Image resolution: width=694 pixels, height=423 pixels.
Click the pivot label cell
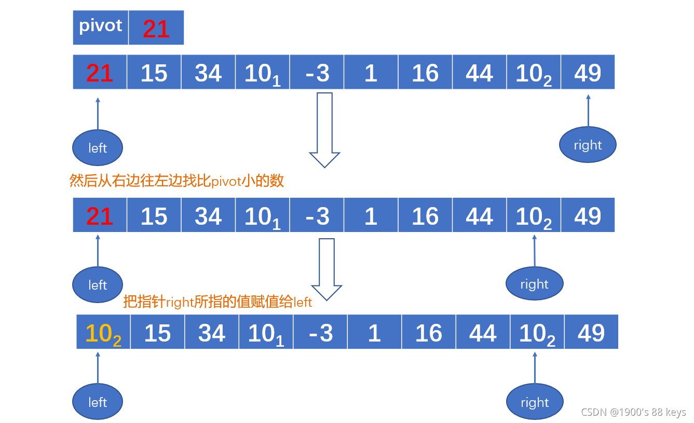pyautogui.click(x=101, y=28)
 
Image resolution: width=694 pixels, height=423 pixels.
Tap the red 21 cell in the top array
pyautogui.click(x=100, y=73)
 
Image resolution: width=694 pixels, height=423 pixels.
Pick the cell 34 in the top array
pyautogui.click(x=208, y=73)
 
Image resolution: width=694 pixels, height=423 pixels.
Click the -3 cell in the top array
pyautogui.click(x=317, y=73)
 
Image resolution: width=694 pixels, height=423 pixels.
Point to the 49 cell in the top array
pyautogui.click(x=588, y=73)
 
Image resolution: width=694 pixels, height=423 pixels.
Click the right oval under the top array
pyautogui.click(x=588, y=145)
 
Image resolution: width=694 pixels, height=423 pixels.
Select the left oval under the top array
pyautogui.click(x=98, y=148)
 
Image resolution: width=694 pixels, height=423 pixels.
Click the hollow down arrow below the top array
pyautogui.click(x=324, y=130)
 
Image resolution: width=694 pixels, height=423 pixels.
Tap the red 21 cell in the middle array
pyautogui.click(x=100, y=215)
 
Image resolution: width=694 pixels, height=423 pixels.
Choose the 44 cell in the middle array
pyautogui.click(x=479, y=215)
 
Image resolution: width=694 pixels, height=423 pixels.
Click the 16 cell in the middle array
pyautogui.click(x=425, y=215)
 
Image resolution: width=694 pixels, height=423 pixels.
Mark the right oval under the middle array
pyautogui.click(x=534, y=284)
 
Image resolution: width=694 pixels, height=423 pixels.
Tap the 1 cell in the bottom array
pyautogui.click(x=374, y=333)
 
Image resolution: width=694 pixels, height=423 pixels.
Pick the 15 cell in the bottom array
pyautogui.click(x=158, y=333)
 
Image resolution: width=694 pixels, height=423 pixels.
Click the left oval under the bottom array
pyautogui.click(x=98, y=402)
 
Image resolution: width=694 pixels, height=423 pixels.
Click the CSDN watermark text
pyautogui.click(x=633, y=412)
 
